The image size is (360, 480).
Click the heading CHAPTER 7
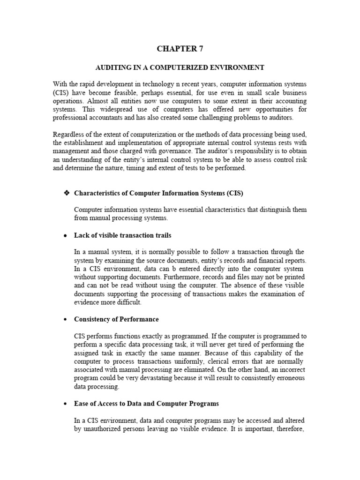click(x=180, y=48)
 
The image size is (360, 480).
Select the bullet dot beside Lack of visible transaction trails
click(x=66, y=235)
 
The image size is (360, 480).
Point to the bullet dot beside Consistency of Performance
click(x=66, y=320)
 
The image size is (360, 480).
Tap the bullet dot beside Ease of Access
click(x=66, y=404)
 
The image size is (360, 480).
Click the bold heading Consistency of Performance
click(x=116, y=319)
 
